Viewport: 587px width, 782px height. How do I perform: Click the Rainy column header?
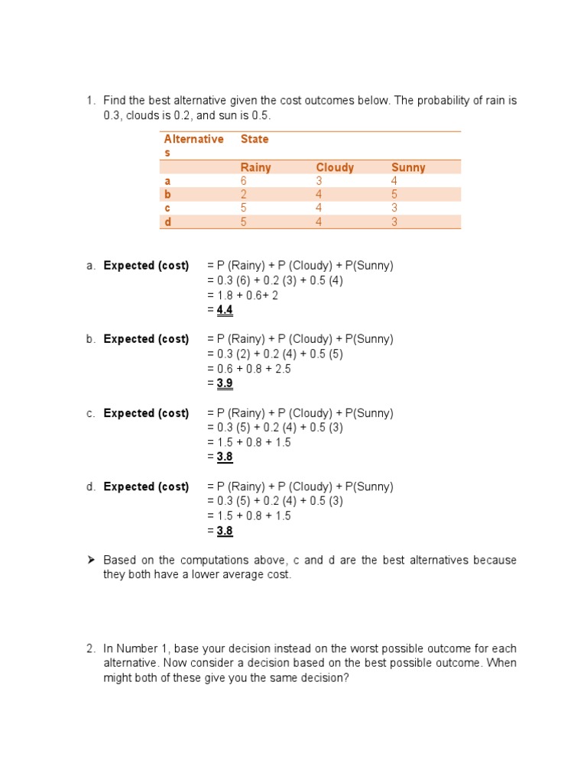click(255, 167)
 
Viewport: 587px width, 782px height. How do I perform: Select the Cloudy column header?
click(335, 167)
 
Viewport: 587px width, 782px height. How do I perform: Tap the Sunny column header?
click(408, 167)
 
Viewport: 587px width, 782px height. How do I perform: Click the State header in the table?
click(255, 139)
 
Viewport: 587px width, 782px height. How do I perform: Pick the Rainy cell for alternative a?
click(244, 181)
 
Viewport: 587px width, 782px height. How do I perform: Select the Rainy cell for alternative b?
click(244, 195)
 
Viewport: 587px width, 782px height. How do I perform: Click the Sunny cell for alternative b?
click(394, 195)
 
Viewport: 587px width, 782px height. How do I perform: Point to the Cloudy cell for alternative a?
click(319, 181)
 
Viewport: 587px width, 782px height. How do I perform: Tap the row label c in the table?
click(167, 208)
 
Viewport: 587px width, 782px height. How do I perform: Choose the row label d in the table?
click(167, 221)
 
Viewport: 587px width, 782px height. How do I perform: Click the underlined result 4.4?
click(225, 310)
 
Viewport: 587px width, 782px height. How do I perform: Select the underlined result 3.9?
click(225, 383)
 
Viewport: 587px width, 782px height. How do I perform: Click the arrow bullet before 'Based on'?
click(89, 560)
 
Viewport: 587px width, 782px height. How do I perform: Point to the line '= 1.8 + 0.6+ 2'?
click(242, 295)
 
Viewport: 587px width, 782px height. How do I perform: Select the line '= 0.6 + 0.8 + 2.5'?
click(248, 368)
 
